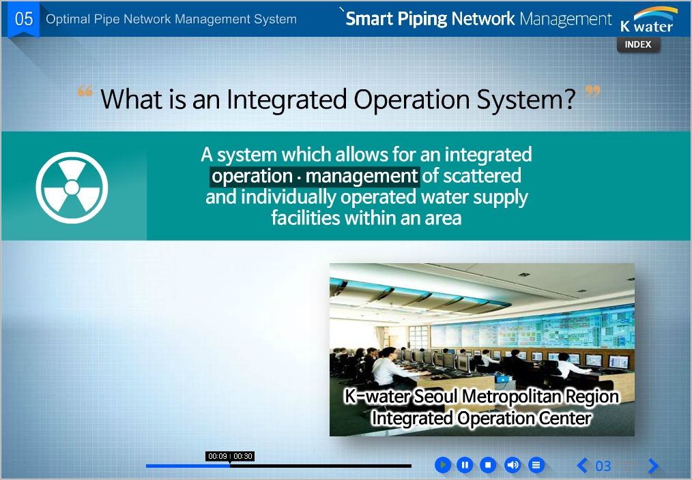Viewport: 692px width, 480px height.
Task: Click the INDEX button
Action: pyautogui.click(x=638, y=44)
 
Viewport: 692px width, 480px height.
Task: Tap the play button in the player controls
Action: pyautogui.click(x=443, y=464)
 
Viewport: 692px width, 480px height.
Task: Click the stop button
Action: pyautogui.click(x=488, y=464)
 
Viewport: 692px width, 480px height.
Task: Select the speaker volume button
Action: pyautogui.click(x=513, y=464)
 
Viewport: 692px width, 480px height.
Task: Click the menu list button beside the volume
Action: pyautogui.click(x=536, y=464)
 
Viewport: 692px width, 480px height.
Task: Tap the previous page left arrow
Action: pyautogui.click(x=583, y=465)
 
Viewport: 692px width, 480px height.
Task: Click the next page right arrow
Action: pyautogui.click(x=654, y=465)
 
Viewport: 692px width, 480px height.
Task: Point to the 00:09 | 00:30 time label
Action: pyautogui.click(x=230, y=456)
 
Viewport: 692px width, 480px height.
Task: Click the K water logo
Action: pyautogui.click(x=648, y=20)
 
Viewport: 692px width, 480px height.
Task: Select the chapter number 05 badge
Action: pyautogui.click(x=24, y=19)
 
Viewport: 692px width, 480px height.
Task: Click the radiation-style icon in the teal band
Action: pyautogui.click(x=72, y=187)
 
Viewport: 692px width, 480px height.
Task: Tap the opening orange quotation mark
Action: pyautogui.click(x=85, y=91)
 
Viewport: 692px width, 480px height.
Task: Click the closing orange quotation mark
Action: pyautogui.click(x=592, y=91)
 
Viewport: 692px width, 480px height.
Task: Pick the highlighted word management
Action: pyautogui.click(x=362, y=176)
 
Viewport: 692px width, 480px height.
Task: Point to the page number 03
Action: pyautogui.click(x=603, y=466)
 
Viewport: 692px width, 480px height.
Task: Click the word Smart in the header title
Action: pyautogui.click(x=369, y=18)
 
